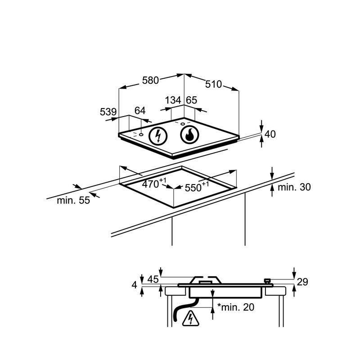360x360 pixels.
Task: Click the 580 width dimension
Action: point(150,81)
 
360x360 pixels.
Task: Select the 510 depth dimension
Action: point(214,84)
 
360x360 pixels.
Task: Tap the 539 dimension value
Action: point(108,112)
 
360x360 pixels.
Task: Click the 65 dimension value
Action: point(191,100)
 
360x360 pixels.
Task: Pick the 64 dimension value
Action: point(140,111)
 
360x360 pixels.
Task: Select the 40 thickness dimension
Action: point(270,134)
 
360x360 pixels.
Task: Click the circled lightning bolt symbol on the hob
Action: point(157,135)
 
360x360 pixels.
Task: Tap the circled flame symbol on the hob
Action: point(189,134)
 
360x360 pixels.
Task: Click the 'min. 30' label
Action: point(294,187)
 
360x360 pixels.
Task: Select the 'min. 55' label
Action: point(73,201)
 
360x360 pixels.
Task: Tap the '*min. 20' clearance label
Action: point(236,307)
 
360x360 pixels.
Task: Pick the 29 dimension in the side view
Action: point(302,282)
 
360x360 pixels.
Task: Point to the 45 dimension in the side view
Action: point(153,279)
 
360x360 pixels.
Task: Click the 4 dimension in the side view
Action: point(135,284)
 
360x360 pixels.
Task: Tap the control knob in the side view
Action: point(267,281)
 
